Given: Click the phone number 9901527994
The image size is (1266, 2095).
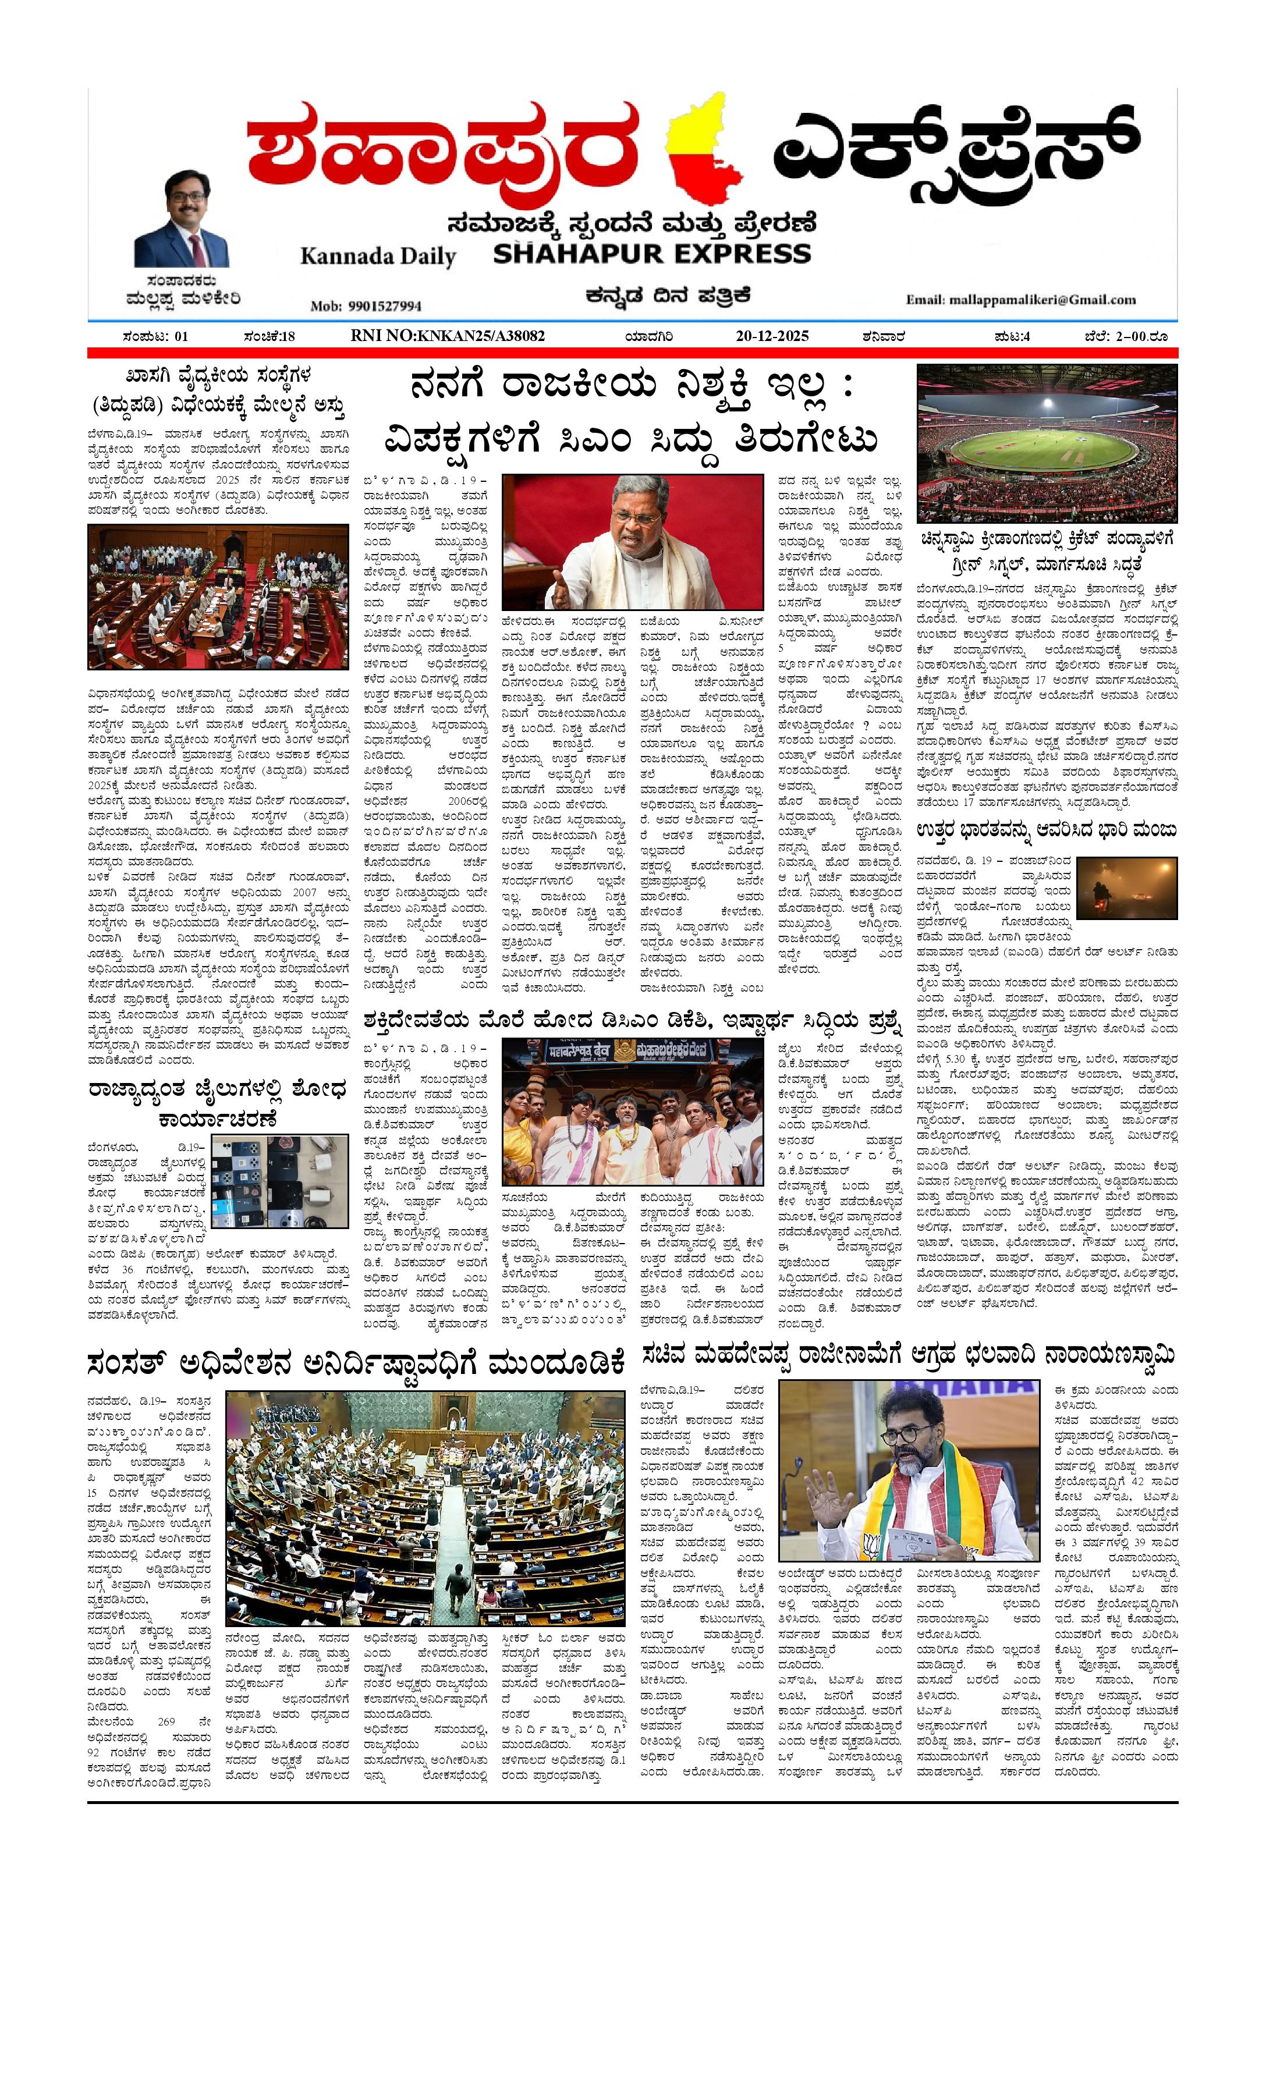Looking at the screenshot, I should pos(366,306).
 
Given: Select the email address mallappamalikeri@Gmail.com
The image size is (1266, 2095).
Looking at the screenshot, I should pos(1020,299).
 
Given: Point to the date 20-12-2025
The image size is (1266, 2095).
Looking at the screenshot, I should pos(771,336).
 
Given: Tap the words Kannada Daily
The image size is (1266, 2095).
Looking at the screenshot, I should pos(378,256).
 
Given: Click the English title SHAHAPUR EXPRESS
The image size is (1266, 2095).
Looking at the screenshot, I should pos(652,253).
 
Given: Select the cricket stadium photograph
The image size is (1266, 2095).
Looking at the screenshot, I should pos(1047,443).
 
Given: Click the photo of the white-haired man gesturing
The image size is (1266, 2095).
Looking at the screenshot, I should pos(632,542).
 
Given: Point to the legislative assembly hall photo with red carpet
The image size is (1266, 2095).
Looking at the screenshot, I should pos(218,597).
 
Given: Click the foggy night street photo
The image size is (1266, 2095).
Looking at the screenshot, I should pos(1126,887).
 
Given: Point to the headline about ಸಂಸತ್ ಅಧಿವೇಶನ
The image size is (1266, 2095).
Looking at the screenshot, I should pos(356,1364).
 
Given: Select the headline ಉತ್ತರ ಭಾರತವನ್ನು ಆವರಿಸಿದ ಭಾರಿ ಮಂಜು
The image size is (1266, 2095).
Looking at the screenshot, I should pos(1047,830).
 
